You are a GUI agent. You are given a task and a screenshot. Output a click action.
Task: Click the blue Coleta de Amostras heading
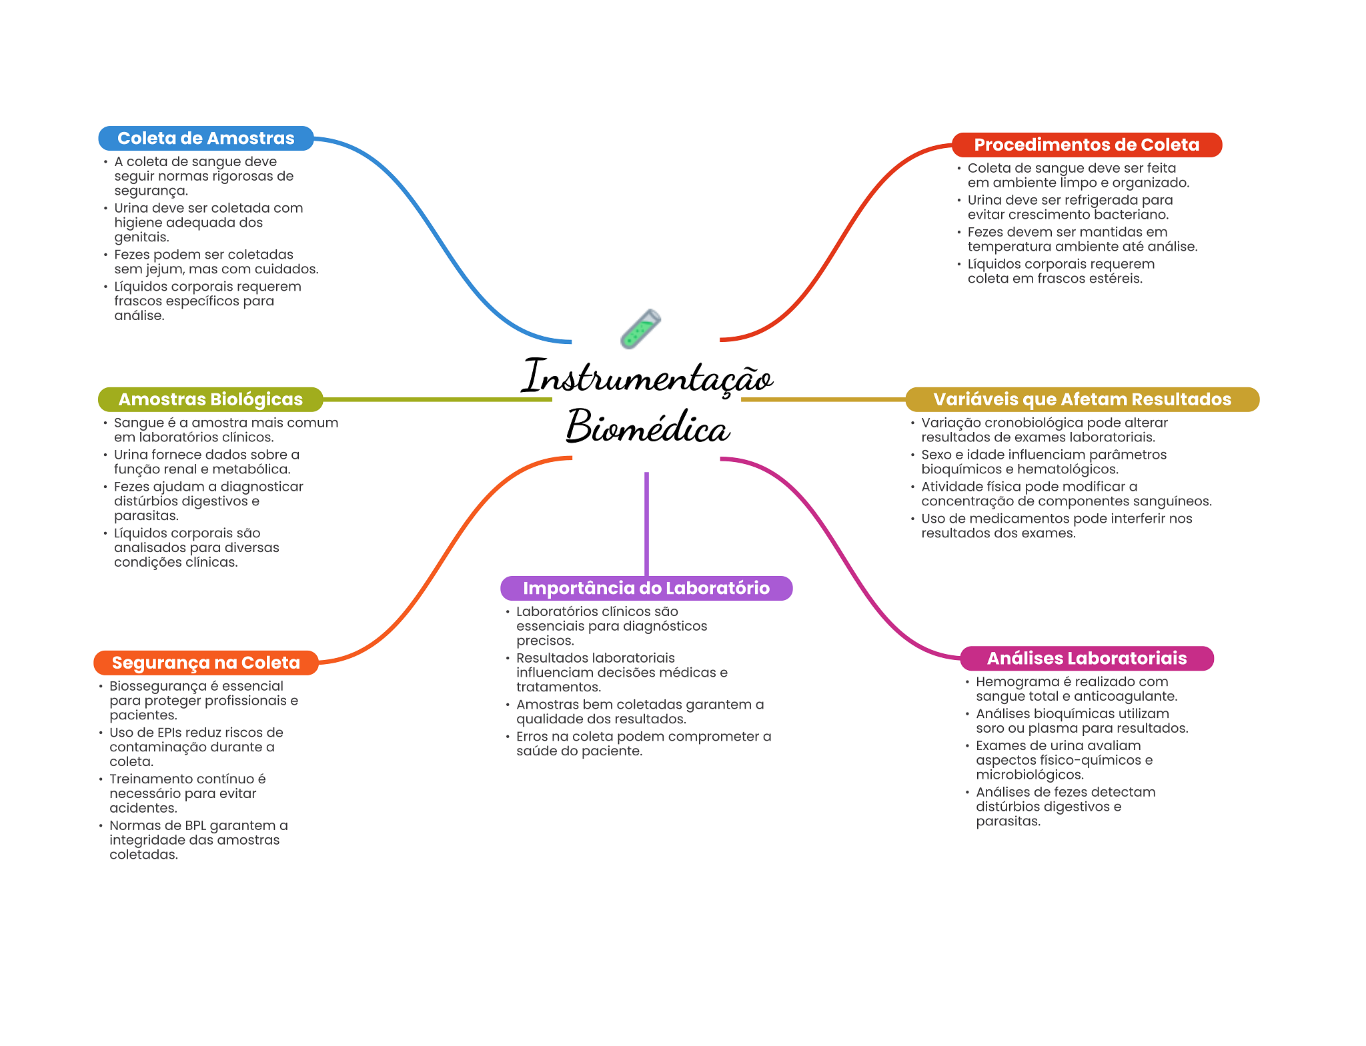tap(205, 138)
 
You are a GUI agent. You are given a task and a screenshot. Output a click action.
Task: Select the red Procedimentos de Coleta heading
tap(1086, 145)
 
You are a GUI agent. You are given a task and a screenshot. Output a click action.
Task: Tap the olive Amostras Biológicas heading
tap(210, 399)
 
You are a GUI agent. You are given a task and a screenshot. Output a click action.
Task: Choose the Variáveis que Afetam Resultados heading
tap(1081, 399)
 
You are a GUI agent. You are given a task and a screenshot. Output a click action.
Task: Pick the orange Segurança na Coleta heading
tap(205, 663)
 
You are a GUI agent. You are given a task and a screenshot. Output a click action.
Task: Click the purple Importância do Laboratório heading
tap(646, 588)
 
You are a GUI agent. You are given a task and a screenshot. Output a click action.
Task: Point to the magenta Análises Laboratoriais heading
tap(1086, 659)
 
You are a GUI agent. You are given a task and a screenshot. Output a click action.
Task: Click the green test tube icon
tap(640, 329)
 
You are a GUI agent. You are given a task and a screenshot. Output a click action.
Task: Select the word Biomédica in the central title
tap(647, 427)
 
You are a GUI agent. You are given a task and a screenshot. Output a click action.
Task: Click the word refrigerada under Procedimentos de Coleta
tap(1081, 200)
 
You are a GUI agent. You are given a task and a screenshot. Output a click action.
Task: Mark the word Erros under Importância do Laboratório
tap(532, 737)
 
